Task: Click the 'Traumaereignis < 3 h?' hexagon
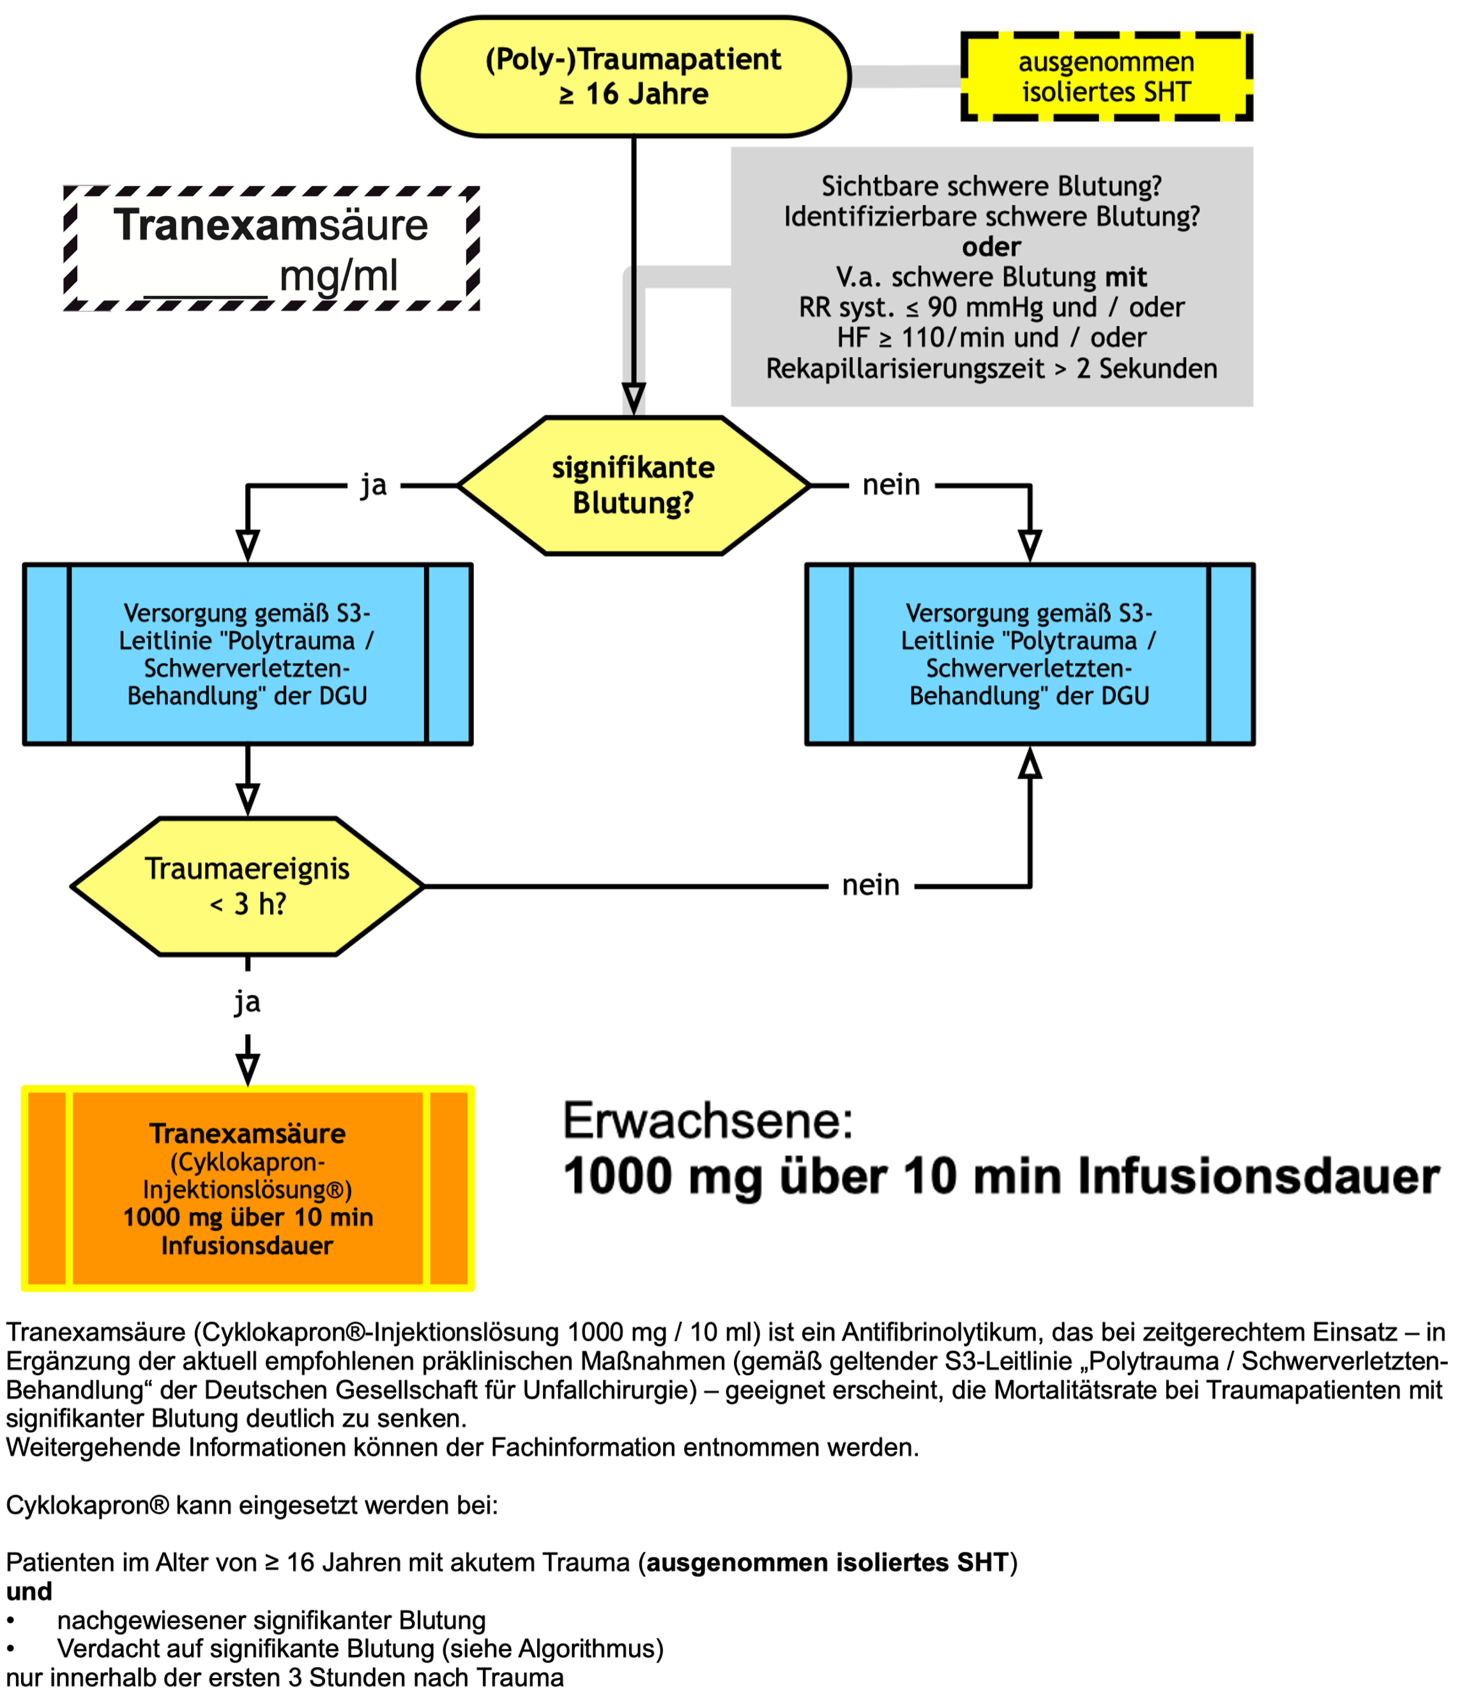[x=247, y=886]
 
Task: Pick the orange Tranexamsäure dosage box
[x=247, y=1188]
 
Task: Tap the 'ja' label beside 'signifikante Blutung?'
[x=374, y=485]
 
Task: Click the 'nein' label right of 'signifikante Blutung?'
[x=891, y=485]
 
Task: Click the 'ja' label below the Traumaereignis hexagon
[x=247, y=1003]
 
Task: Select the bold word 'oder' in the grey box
[x=991, y=247]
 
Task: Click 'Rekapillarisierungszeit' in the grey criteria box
[x=905, y=369]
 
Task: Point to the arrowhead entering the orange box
[x=247, y=1070]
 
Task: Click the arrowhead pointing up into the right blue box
[x=1030, y=763]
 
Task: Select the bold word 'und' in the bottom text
[x=29, y=1591]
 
